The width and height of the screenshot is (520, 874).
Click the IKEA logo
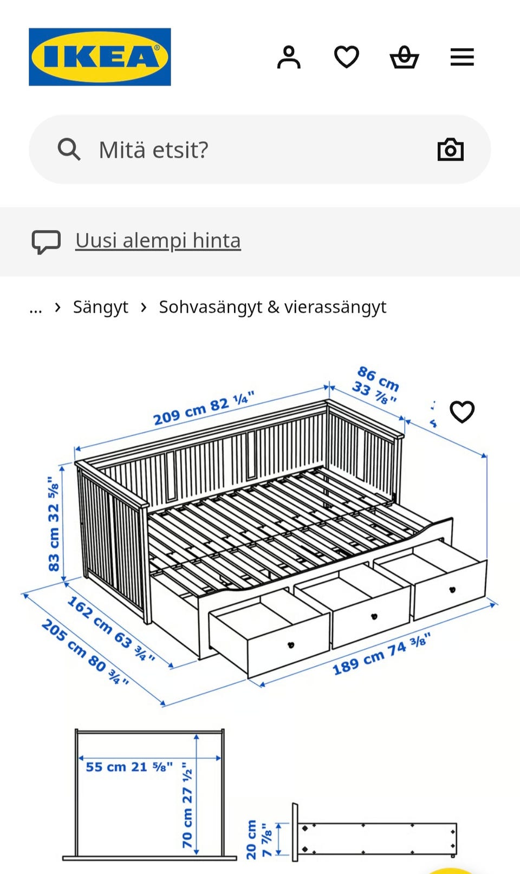pyautogui.click(x=100, y=57)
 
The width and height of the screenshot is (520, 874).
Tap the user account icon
pyautogui.click(x=289, y=57)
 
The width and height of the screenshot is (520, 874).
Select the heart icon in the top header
pyautogui.click(x=347, y=57)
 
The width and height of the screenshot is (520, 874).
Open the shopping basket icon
pyautogui.click(x=404, y=57)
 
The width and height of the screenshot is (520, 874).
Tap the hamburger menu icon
pyautogui.click(x=462, y=57)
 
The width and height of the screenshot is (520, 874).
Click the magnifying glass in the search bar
pyautogui.click(x=69, y=149)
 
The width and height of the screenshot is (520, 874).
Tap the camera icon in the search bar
pyautogui.click(x=450, y=149)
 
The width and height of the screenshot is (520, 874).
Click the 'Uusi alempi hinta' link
pyautogui.click(x=158, y=240)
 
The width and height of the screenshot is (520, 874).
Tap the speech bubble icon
pyautogui.click(x=46, y=242)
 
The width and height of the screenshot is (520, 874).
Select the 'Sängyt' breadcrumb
pyautogui.click(x=100, y=307)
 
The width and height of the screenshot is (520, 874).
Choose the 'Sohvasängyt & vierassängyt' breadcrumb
pyautogui.click(x=272, y=307)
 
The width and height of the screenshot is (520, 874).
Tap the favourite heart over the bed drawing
pyautogui.click(x=462, y=412)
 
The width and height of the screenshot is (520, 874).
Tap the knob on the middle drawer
pyautogui.click(x=373, y=616)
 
